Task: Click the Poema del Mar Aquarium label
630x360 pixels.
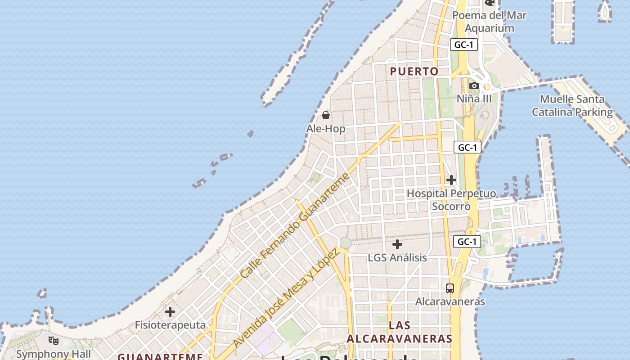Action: tap(489, 22)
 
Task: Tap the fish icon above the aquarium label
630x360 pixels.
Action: tap(489, 3)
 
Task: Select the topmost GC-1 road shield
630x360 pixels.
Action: tap(464, 45)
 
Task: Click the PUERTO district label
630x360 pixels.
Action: tap(414, 72)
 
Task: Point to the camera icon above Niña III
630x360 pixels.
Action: tap(474, 85)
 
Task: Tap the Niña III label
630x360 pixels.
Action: tap(474, 99)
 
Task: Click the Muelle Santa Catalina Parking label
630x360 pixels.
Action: tap(572, 105)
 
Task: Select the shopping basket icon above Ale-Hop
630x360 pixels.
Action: tap(326, 115)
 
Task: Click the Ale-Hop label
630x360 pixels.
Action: tap(326, 129)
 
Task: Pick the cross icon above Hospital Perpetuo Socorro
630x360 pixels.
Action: tap(451, 180)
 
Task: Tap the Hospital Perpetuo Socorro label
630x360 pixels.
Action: tap(451, 200)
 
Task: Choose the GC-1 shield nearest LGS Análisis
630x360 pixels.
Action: tap(467, 242)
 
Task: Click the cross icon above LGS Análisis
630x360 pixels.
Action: tap(397, 244)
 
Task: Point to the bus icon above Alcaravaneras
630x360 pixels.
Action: tap(450, 288)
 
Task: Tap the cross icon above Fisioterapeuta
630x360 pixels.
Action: tap(170, 311)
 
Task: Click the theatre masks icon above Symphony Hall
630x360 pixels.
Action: tap(54, 341)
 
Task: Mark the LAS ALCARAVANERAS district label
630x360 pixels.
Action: tap(399, 332)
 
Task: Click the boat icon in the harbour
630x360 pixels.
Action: tap(605, 11)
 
